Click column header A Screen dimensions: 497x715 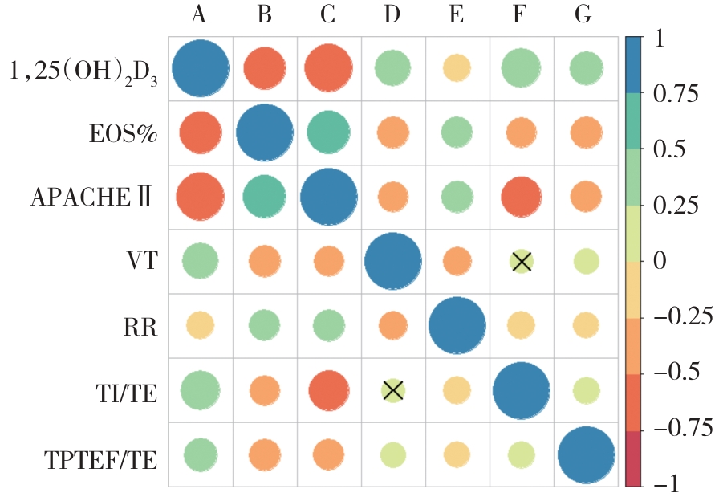click(x=200, y=16)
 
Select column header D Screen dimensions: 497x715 click(x=392, y=16)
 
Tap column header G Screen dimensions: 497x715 click(x=586, y=16)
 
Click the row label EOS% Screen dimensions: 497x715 click(x=122, y=132)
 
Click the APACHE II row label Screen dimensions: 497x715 click(x=91, y=198)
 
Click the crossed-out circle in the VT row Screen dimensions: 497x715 click(x=522, y=261)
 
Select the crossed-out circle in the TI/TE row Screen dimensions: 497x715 click(x=392, y=390)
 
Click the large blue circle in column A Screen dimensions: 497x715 click(x=200, y=68)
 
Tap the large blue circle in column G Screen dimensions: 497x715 click(x=586, y=454)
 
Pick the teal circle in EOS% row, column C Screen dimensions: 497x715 click(x=328, y=132)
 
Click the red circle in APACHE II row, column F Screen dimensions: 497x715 click(x=522, y=197)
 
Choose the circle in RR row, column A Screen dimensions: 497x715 click(x=200, y=325)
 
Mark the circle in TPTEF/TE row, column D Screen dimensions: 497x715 click(x=392, y=454)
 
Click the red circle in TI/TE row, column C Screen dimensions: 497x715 click(x=328, y=390)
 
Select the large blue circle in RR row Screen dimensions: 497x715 click(x=457, y=325)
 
